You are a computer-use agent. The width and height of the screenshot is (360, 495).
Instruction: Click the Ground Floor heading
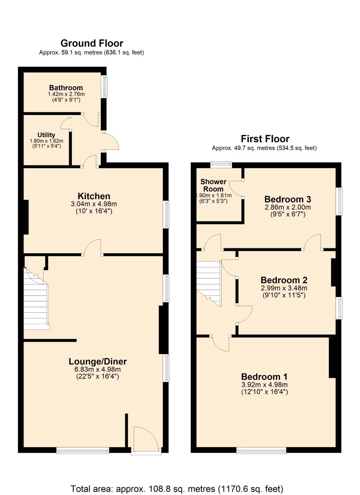tap(92, 43)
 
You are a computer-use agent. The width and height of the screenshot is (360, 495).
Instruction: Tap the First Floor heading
tap(265, 139)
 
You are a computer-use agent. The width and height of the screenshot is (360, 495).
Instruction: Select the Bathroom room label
tap(66, 88)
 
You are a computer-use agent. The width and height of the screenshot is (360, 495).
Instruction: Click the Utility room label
tap(46, 135)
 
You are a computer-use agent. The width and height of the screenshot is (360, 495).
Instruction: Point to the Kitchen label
tap(94, 196)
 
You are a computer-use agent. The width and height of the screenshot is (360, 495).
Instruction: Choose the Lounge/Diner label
tap(98, 361)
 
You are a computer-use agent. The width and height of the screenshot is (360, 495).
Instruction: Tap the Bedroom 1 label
tap(264, 377)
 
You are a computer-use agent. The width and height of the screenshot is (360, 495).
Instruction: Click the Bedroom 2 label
tap(284, 280)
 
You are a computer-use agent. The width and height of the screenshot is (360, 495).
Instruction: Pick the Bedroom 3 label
tap(288, 199)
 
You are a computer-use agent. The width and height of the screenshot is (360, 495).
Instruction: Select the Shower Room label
tap(213, 185)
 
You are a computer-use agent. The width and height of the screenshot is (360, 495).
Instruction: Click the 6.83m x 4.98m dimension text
tap(98, 369)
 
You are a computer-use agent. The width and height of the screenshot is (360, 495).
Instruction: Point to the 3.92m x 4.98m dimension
tap(265, 384)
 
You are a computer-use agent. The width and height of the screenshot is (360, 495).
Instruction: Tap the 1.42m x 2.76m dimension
tap(66, 94)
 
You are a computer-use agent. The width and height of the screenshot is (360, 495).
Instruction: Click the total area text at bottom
tap(177, 488)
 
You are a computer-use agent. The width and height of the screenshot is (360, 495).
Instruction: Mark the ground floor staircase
tap(36, 299)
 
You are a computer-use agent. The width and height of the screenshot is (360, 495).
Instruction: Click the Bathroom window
tap(104, 87)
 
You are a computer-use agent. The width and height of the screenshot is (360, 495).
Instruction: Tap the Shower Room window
tap(221, 165)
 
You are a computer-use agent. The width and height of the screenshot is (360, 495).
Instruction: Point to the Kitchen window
tap(166, 214)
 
